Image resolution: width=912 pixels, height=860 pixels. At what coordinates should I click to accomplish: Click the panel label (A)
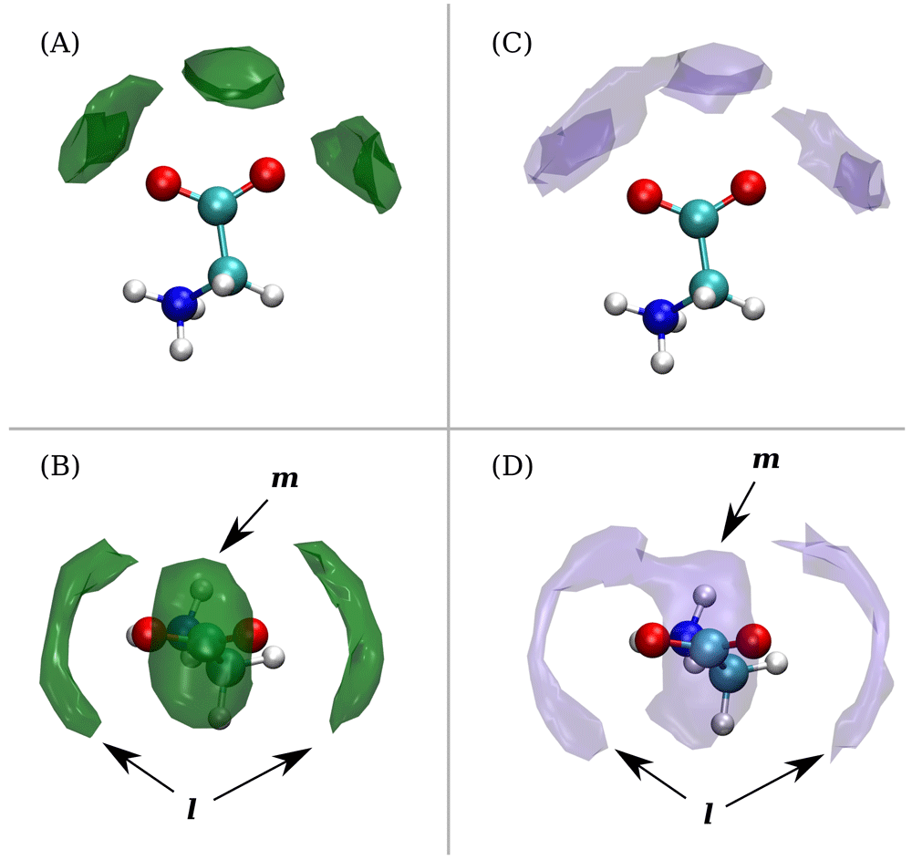click(x=59, y=44)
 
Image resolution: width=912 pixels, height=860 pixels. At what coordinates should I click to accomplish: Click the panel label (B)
click(x=59, y=466)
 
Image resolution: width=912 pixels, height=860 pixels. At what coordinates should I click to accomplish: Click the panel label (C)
click(x=512, y=44)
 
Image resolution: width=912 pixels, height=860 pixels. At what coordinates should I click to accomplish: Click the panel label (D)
click(x=512, y=466)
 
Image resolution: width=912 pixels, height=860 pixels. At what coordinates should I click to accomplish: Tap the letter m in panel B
click(x=285, y=479)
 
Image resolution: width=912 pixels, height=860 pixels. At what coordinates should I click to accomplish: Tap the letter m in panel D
click(x=766, y=460)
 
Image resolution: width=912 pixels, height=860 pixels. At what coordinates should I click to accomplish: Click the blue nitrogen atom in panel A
click(x=179, y=304)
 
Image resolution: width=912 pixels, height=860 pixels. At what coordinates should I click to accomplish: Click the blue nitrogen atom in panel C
click(x=660, y=316)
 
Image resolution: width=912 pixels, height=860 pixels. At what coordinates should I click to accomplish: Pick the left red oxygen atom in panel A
click(x=163, y=183)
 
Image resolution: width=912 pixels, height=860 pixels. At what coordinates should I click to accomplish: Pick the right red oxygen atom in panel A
click(x=267, y=174)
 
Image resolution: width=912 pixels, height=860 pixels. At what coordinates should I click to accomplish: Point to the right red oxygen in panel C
click(x=748, y=187)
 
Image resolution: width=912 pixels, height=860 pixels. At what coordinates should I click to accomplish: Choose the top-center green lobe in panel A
click(x=233, y=77)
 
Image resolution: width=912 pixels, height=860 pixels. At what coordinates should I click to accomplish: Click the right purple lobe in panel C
click(x=834, y=157)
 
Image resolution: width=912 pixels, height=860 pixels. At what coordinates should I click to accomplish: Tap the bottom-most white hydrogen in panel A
click(x=181, y=349)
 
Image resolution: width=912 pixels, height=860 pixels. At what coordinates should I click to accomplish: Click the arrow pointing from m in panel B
click(x=244, y=525)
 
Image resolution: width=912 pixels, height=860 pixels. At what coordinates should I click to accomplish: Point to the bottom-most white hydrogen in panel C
click(x=662, y=362)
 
